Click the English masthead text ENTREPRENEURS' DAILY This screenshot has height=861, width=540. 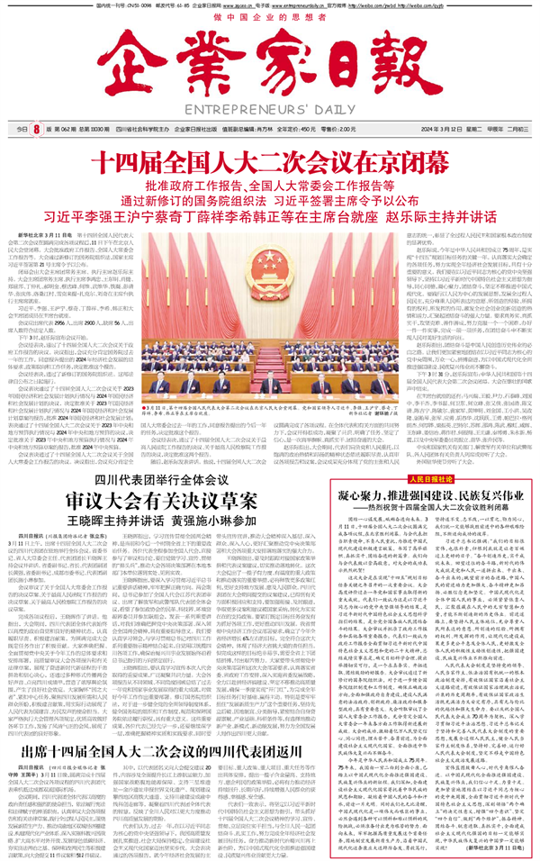(270, 111)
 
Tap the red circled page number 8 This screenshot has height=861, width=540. (36, 129)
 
